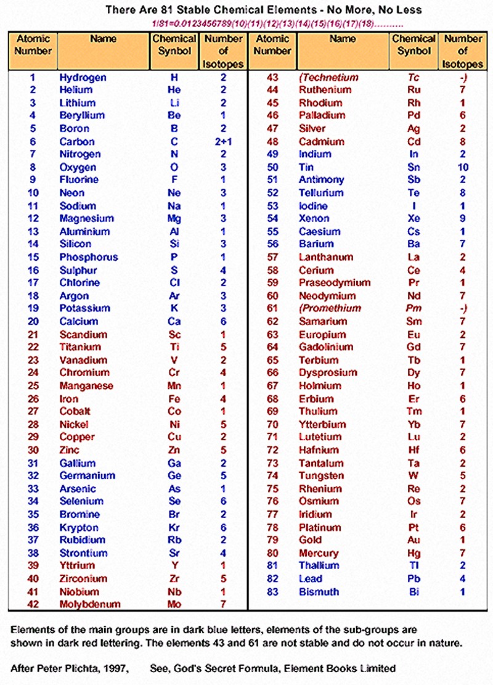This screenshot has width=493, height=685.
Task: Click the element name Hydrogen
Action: click(x=83, y=78)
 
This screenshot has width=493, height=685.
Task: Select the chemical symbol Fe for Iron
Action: click(x=174, y=399)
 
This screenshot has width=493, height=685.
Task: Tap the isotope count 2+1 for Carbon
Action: click(x=223, y=142)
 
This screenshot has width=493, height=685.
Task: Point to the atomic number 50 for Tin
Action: click(x=272, y=168)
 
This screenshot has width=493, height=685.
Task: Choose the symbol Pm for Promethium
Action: click(x=414, y=309)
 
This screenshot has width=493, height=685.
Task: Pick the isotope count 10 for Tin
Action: click(x=463, y=168)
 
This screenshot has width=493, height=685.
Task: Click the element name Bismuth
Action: click(x=319, y=592)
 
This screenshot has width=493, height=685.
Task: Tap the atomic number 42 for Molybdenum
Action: click(x=33, y=604)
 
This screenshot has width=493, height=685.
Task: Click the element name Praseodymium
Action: click(x=335, y=283)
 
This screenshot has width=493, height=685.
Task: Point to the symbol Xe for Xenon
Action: click(x=414, y=219)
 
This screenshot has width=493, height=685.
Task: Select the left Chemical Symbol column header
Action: click(x=174, y=45)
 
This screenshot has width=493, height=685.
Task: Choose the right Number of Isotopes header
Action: click(x=463, y=51)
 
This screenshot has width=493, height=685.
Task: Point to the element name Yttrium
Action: click(x=77, y=566)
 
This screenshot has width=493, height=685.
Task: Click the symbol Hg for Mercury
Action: click(x=414, y=553)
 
